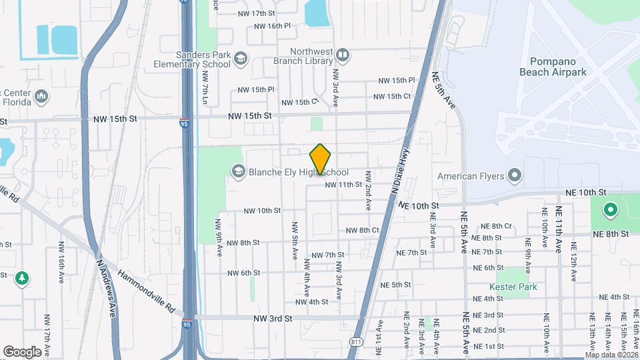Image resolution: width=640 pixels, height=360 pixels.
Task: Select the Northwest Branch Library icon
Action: (x=343, y=54)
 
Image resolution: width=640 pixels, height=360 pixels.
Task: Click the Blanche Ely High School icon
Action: (x=238, y=172)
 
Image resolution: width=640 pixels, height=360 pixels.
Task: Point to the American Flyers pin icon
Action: (x=514, y=176)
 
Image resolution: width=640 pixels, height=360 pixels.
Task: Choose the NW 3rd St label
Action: (x=273, y=319)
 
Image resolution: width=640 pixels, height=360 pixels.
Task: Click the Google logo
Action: (x=22, y=352)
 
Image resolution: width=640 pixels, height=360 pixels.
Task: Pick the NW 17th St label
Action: (x=256, y=13)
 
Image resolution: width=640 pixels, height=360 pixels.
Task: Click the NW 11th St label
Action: (x=343, y=185)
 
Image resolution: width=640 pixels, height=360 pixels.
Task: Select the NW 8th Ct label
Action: (x=363, y=230)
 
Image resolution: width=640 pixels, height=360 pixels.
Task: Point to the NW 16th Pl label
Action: (x=273, y=26)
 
